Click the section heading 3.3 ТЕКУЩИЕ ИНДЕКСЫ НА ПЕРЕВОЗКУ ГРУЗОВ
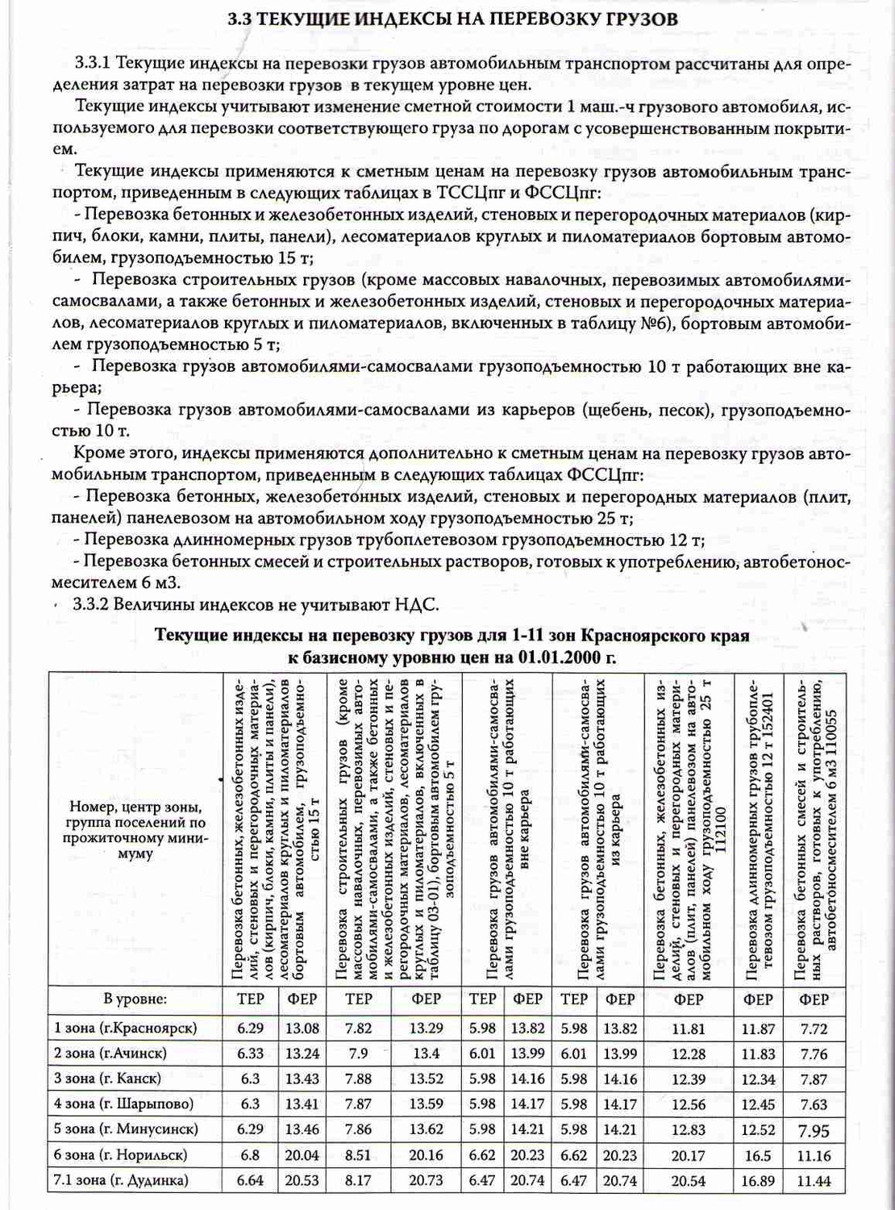click(x=452, y=19)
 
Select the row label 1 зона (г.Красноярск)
click(x=125, y=1028)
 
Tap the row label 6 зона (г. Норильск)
click(x=120, y=1155)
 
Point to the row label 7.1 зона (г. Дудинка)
click(x=121, y=1180)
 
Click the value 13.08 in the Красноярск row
click(x=302, y=1028)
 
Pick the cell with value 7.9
click(x=358, y=1054)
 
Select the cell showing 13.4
click(x=426, y=1054)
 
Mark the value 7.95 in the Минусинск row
click(x=814, y=1130)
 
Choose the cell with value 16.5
click(x=758, y=1155)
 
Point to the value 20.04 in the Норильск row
click(x=302, y=1155)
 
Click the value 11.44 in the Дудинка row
click(x=814, y=1181)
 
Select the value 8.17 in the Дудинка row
click(x=358, y=1180)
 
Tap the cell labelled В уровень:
click(x=135, y=999)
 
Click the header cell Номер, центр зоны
click(x=135, y=807)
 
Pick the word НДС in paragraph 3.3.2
click(x=416, y=605)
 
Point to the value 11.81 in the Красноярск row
click(x=688, y=1028)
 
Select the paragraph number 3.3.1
click(x=92, y=63)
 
